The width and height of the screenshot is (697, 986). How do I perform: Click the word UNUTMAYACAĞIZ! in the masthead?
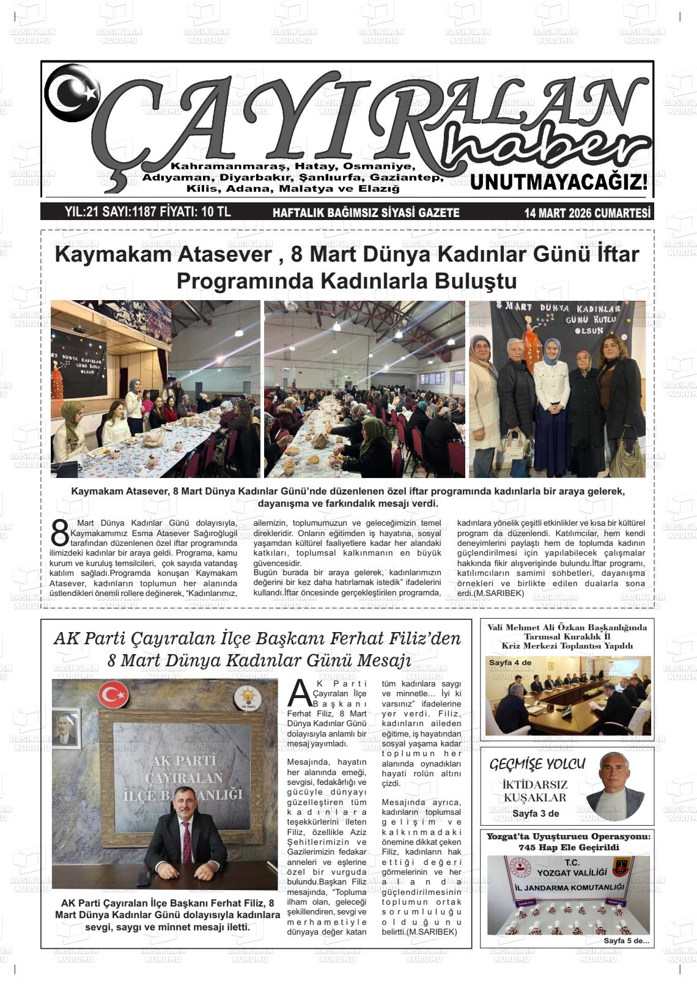pos(559,183)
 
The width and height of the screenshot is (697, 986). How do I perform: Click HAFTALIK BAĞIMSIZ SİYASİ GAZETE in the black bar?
pos(365,213)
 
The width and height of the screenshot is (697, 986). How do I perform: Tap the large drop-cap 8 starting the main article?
pos(60,534)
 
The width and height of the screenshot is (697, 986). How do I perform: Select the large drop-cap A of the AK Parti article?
pos(299,693)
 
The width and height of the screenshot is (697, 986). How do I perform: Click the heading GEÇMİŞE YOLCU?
pos(537,763)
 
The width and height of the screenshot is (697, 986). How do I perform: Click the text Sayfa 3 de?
pos(536,813)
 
